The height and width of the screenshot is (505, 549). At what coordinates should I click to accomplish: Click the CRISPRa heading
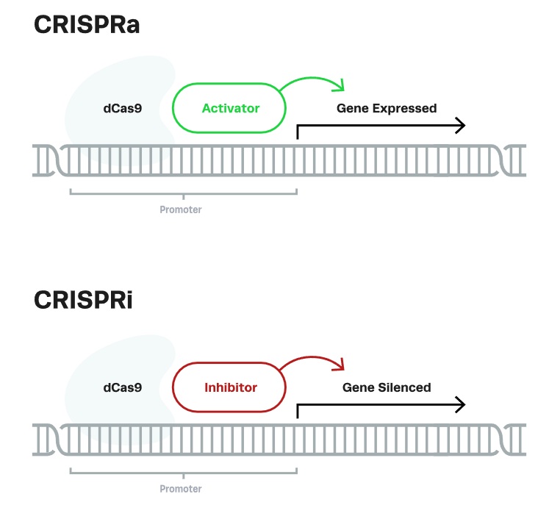[x=87, y=24]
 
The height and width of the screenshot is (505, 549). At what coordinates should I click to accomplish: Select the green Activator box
[x=230, y=108]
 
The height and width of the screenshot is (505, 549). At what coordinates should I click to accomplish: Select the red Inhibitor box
[x=230, y=387]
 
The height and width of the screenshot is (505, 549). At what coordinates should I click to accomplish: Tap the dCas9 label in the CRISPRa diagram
[x=122, y=108]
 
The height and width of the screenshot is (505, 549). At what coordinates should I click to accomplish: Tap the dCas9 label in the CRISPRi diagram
[x=122, y=387]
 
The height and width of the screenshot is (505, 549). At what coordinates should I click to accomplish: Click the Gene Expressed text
[x=387, y=108]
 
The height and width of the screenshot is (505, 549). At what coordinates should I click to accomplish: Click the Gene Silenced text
[x=387, y=387]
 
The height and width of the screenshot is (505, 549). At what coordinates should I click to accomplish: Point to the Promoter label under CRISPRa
[x=181, y=210]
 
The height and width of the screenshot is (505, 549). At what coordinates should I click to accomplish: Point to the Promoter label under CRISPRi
[x=181, y=489]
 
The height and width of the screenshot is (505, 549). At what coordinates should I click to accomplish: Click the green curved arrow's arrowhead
[x=339, y=87]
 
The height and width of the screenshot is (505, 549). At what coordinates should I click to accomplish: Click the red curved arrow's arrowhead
[x=339, y=365]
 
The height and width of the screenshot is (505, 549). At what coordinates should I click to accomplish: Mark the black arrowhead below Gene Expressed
[x=461, y=126]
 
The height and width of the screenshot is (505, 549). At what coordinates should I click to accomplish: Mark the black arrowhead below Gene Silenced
[x=461, y=404]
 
